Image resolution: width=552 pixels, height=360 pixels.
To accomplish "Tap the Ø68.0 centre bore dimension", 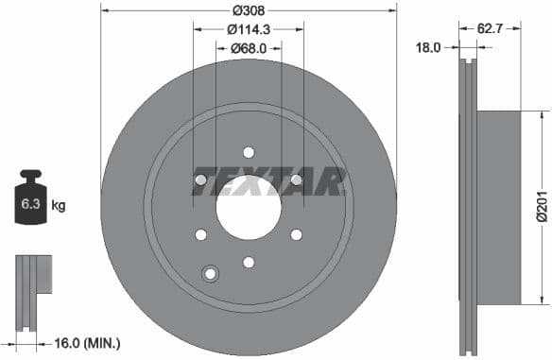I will click(249, 49).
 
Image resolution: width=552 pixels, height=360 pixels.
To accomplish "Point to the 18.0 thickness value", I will click(430, 46).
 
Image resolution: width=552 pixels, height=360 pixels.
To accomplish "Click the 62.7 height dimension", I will click(490, 28).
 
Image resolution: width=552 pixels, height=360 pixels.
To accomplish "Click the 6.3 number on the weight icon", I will click(28, 203).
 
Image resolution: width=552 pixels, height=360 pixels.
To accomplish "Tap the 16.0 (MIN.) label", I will click(84, 344).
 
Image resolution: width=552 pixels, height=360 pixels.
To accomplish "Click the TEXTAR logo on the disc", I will click(268, 180).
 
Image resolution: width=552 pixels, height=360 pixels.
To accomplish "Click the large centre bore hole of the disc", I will click(248, 207).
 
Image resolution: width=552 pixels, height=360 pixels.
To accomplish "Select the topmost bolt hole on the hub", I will click(249, 152).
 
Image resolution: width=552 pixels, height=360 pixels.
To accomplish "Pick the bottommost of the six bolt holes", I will click(249, 262).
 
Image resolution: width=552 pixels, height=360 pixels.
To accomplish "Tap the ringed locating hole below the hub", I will click(210, 274).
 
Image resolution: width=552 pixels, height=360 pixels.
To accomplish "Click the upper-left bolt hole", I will click(200, 180).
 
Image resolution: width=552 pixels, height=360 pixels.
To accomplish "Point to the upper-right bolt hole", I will click(296, 180).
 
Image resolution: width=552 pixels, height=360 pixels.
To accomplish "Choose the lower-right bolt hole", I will click(296, 234).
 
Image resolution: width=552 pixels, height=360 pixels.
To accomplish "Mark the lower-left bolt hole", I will click(200, 234).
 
